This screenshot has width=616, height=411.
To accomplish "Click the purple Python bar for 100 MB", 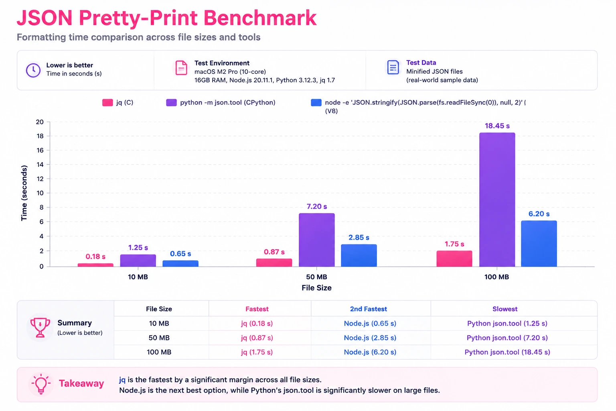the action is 497,199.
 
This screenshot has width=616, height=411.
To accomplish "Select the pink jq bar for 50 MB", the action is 274,262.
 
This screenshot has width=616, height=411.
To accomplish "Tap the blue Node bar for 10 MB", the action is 180,263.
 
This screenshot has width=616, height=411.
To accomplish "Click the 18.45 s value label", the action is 497,126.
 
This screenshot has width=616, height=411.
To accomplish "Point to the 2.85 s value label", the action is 359,237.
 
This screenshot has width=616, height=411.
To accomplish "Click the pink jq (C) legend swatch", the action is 107,103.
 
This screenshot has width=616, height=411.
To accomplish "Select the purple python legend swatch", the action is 171,103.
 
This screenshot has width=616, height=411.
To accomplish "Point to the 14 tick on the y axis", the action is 40,165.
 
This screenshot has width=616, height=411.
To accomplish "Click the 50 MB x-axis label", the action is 316,277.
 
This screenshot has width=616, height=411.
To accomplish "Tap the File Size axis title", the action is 316,288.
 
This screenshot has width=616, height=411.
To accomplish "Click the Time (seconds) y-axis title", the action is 24,193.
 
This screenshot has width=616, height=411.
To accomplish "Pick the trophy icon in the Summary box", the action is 40,327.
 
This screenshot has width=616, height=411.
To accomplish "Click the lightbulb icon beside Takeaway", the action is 41,384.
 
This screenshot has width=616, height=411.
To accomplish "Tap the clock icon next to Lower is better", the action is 33,70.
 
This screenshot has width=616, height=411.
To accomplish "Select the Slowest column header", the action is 505,309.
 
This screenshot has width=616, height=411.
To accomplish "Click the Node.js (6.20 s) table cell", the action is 370,352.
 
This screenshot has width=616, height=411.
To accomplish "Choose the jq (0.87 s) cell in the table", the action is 257,338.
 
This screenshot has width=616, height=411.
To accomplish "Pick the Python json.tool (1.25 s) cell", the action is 507,324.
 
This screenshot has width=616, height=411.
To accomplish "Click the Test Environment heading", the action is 222,63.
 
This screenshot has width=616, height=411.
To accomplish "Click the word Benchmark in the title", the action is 260,18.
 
